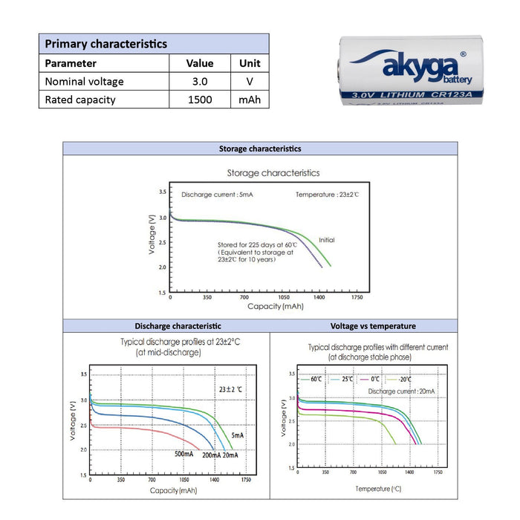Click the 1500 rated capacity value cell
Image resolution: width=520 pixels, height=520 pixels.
(x=200, y=100)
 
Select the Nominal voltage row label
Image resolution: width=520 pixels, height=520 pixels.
(x=84, y=82)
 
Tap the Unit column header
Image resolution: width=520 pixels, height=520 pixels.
(x=249, y=64)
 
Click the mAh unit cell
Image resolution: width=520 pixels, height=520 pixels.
(x=249, y=100)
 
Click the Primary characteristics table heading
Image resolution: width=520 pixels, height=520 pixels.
(x=105, y=44)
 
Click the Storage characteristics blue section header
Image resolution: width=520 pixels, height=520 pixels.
(x=260, y=149)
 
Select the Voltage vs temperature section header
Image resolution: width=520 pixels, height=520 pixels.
(x=373, y=325)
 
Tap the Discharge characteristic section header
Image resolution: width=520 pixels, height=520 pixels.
(x=178, y=325)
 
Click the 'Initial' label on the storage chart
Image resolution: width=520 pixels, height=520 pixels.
(x=326, y=240)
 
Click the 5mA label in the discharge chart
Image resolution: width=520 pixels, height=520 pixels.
(x=238, y=435)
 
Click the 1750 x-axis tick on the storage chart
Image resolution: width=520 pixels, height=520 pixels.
(x=356, y=297)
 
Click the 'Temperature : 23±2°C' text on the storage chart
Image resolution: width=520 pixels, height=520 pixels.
(x=327, y=195)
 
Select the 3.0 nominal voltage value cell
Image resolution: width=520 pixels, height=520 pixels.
(x=200, y=82)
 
